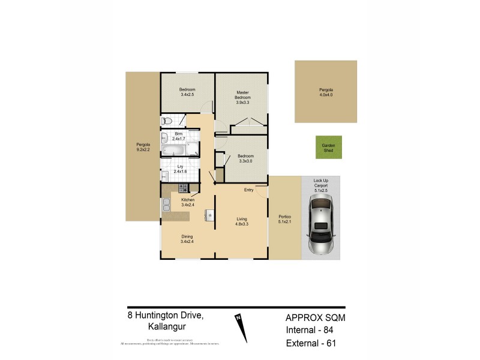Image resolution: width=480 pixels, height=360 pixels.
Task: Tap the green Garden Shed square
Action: tap(328, 147)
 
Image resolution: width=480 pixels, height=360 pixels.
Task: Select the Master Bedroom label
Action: tap(242, 98)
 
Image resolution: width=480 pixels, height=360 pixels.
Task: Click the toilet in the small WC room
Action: tap(167, 121)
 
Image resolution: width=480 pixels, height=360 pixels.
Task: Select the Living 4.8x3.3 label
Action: tap(242, 221)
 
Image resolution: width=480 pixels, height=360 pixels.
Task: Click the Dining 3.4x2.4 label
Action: tap(187, 239)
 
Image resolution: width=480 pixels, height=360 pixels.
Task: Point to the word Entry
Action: tap(248, 190)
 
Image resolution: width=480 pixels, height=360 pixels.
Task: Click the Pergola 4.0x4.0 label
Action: tap(325, 92)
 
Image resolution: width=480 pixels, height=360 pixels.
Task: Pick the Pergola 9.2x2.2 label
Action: tap(143, 148)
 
